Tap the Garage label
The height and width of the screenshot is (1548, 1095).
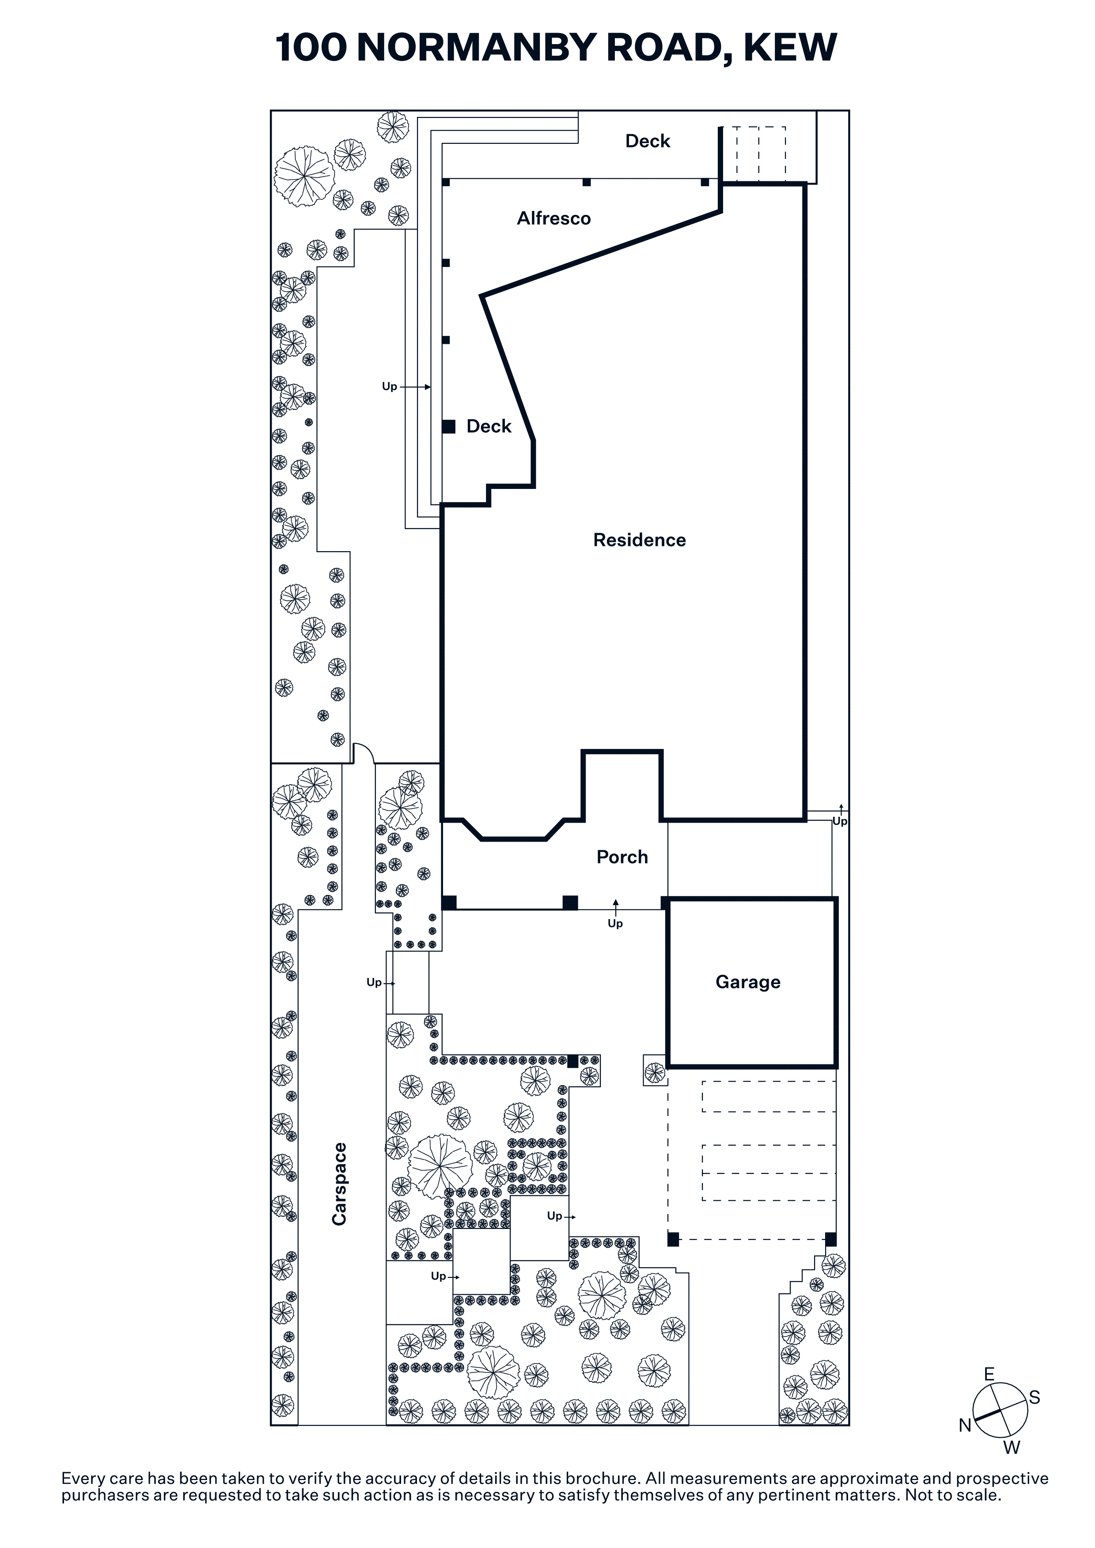click(x=747, y=982)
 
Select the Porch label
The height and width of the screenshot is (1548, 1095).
click(x=622, y=857)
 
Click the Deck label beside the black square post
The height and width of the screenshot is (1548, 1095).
click(x=489, y=426)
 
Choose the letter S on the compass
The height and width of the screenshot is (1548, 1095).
click(x=1034, y=1398)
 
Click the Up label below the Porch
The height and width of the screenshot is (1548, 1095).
click(x=614, y=924)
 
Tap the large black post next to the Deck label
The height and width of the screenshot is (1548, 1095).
click(x=449, y=426)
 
